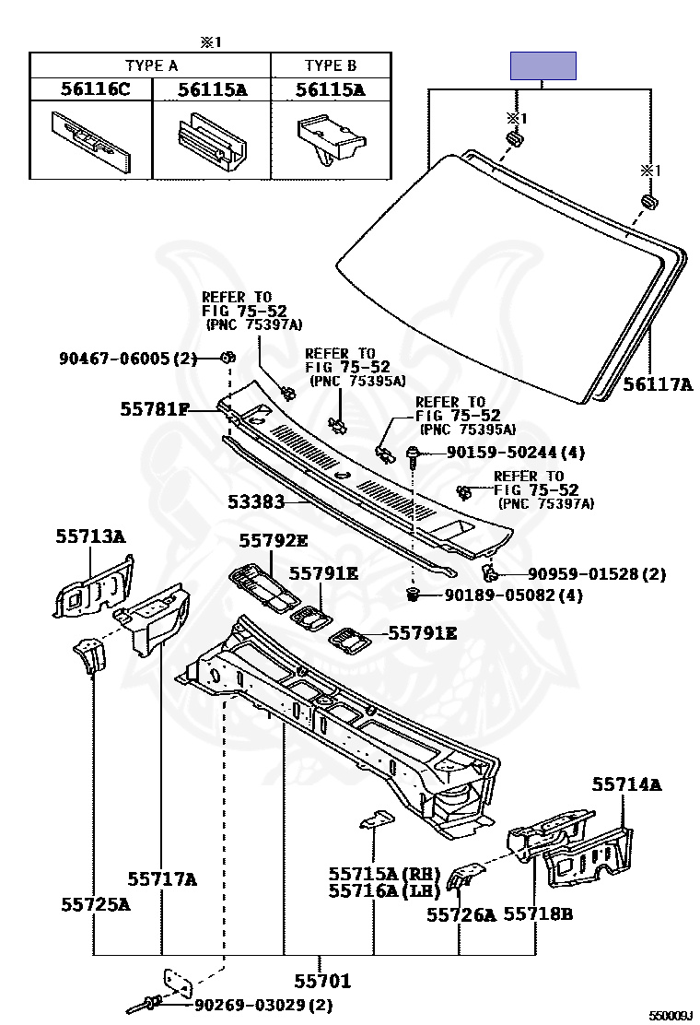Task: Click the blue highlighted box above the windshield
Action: click(x=543, y=65)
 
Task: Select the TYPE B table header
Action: click(x=330, y=65)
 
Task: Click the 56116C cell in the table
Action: click(x=90, y=89)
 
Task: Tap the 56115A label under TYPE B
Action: click(x=330, y=89)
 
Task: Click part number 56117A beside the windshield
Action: click(x=657, y=384)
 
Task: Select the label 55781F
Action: click(x=155, y=407)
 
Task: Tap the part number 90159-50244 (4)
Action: click(x=516, y=453)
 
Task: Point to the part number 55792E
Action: click(x=274, y=540)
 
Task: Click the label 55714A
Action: click(x=626, y=784)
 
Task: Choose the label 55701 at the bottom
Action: click(x=322, y=981)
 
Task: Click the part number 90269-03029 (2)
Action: click(x=263, y=1004)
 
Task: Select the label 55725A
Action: click(x=96, y=904)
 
